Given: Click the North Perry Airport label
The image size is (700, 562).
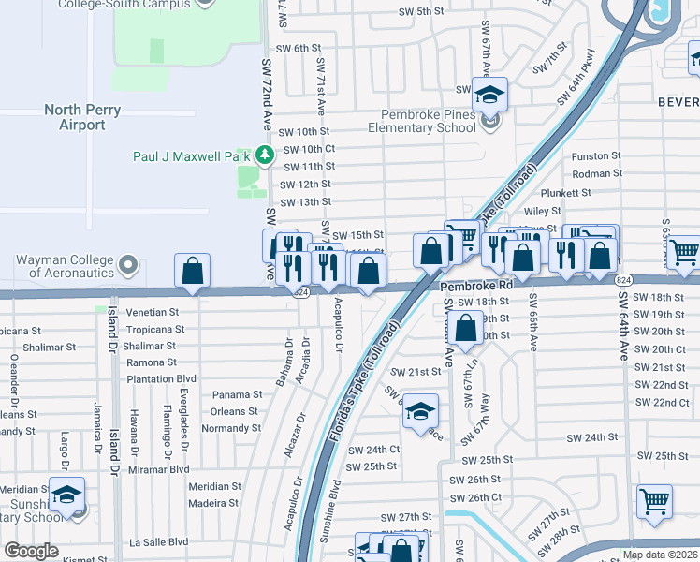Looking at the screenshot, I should click(82, 117).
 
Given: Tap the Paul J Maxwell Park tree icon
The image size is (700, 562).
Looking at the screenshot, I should click(267, 155).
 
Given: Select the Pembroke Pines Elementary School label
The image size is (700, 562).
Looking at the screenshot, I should click(421, 121).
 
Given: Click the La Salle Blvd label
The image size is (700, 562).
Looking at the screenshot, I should click(158, 541).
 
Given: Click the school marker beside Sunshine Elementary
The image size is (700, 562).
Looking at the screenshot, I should click(67, 494).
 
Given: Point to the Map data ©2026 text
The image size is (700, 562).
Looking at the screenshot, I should click(659, 555).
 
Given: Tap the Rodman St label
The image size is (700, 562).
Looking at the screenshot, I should click(597, 174).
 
